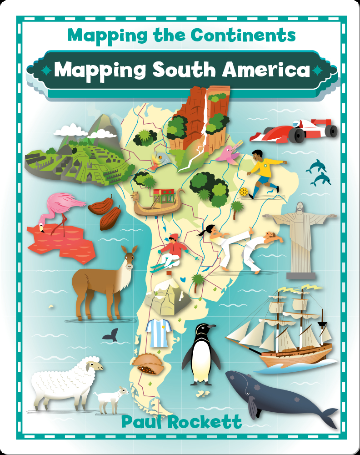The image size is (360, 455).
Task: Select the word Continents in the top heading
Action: [x=242, y=35]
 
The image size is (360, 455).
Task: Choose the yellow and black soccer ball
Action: [x=244, y=192]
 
